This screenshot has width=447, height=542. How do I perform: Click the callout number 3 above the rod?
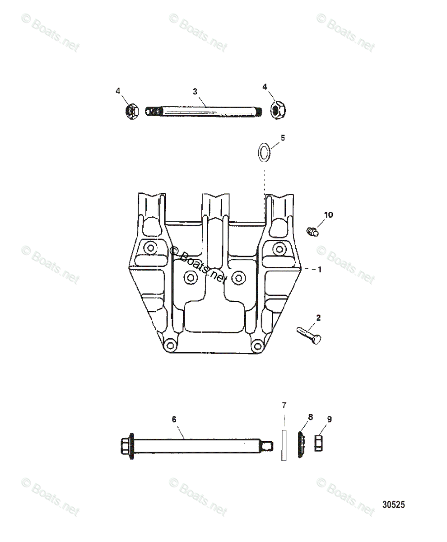point(195,91)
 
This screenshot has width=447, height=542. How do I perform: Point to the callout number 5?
point(283,138)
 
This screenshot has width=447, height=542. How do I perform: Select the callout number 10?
point(328,215)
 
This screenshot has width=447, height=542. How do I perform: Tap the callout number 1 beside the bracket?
point(320,270)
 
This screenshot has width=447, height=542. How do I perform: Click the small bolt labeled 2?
point(309,335)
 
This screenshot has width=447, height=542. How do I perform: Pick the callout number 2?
point(318,318)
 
